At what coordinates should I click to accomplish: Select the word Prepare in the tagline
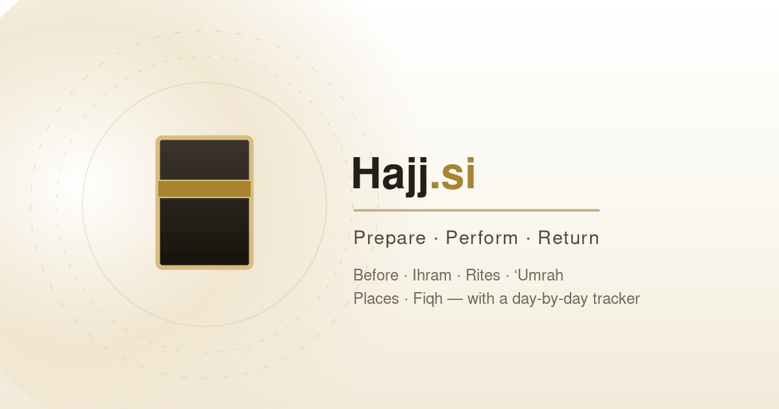click(x=389, y=239)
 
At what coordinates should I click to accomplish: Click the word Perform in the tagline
click(x=482, y=238)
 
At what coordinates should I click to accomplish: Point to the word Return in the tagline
click(x=568, y=238)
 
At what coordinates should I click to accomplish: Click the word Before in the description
click(x=376, y=275)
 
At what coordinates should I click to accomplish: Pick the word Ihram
click(x=432, y=275)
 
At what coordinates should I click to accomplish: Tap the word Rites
click(x=483, y=275)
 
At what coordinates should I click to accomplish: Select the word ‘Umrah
click(x=539, y=275)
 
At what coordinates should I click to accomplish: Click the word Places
click(x=376, y=299)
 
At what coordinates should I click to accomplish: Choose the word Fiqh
click(x=428, y=299)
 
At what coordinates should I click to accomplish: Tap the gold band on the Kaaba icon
click(x=204, y=189)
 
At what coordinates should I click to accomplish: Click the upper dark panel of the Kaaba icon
click(x=204, y=160)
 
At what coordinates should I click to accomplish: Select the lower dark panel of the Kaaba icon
click(x=204, y=231)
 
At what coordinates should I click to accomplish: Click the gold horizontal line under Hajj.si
click(x=476, y=210)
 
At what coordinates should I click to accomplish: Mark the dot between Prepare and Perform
click(x=436, y=239)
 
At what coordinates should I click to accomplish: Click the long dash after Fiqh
click(x=455, y=299)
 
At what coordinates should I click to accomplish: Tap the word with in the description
click(x=481, y=299)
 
